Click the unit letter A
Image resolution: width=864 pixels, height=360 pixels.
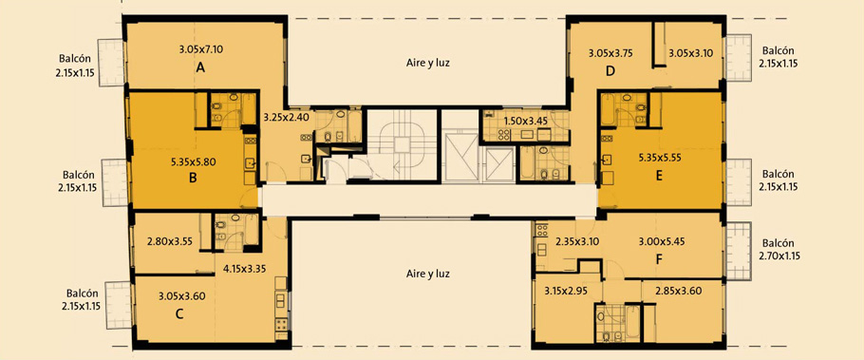(x=200, y=67)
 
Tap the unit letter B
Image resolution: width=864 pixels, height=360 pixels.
(x=193, y=178)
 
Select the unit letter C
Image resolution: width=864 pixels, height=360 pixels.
(x=179, y=314)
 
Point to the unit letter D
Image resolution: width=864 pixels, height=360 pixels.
(x=610, y=70)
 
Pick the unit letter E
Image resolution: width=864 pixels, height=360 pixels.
(x=659, y=177)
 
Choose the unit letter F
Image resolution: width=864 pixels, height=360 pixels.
(x=659, y=259)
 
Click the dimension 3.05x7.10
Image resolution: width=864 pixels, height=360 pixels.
(x=200, y=49)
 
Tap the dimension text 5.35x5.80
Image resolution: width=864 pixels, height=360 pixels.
(x=194, y=162)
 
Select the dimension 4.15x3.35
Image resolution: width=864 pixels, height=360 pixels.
(x=245, y=270)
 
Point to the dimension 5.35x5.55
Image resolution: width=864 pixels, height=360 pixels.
(x=660, y=157)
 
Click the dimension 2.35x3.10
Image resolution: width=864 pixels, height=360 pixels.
(x=577, y=241)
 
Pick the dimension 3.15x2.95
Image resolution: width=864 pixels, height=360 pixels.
(x=566, y=291)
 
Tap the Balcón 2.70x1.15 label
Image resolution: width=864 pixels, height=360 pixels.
(x=779, y=249)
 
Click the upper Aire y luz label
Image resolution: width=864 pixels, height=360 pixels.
(x=428, y=63)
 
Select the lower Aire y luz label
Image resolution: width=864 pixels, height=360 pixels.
(x=428, y=274)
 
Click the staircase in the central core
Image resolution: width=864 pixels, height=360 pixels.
(x=403, y=144)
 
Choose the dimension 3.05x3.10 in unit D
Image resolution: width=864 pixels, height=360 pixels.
(x=691, y=53)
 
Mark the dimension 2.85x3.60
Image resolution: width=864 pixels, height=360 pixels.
(x=678, y=291)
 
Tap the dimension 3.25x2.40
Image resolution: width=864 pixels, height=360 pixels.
(x=286, y=117)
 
